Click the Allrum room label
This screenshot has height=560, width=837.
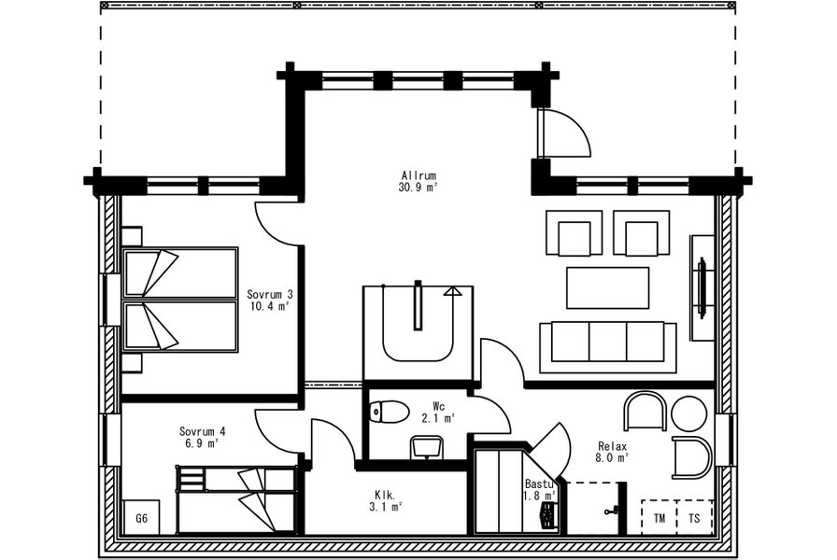tap(419, 175)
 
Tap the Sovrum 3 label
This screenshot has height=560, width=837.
tap(270, 294)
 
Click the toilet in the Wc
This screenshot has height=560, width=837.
tap(390, 412)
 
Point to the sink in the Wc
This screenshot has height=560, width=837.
tap(427, 447)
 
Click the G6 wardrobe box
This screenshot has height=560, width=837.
tap(141, 517)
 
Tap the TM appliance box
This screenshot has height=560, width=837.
tap(659, 518)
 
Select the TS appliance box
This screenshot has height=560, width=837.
tap(694, 518)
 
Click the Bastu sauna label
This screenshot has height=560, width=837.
tap(541, 484)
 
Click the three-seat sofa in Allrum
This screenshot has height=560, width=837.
tap(608, 347)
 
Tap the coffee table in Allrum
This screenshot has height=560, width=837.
tap(607, 288)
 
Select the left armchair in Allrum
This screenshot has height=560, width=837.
tap(574, 232)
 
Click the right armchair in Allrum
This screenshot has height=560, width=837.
tap(641, 232)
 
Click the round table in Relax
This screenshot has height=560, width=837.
tap(689, 413)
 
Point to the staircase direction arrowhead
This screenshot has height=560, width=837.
tap(453, 291)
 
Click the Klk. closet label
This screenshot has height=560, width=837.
tap(384, 496)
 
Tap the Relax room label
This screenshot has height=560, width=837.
tap(612, 446)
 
